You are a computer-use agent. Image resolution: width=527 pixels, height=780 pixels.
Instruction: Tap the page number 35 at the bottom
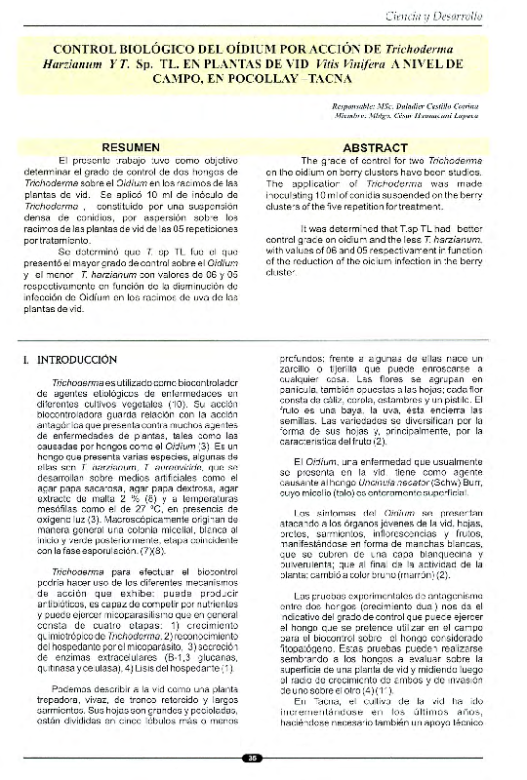tap(253, 757)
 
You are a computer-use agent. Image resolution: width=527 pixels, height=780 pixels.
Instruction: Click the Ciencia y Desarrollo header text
tap(459, 16)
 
